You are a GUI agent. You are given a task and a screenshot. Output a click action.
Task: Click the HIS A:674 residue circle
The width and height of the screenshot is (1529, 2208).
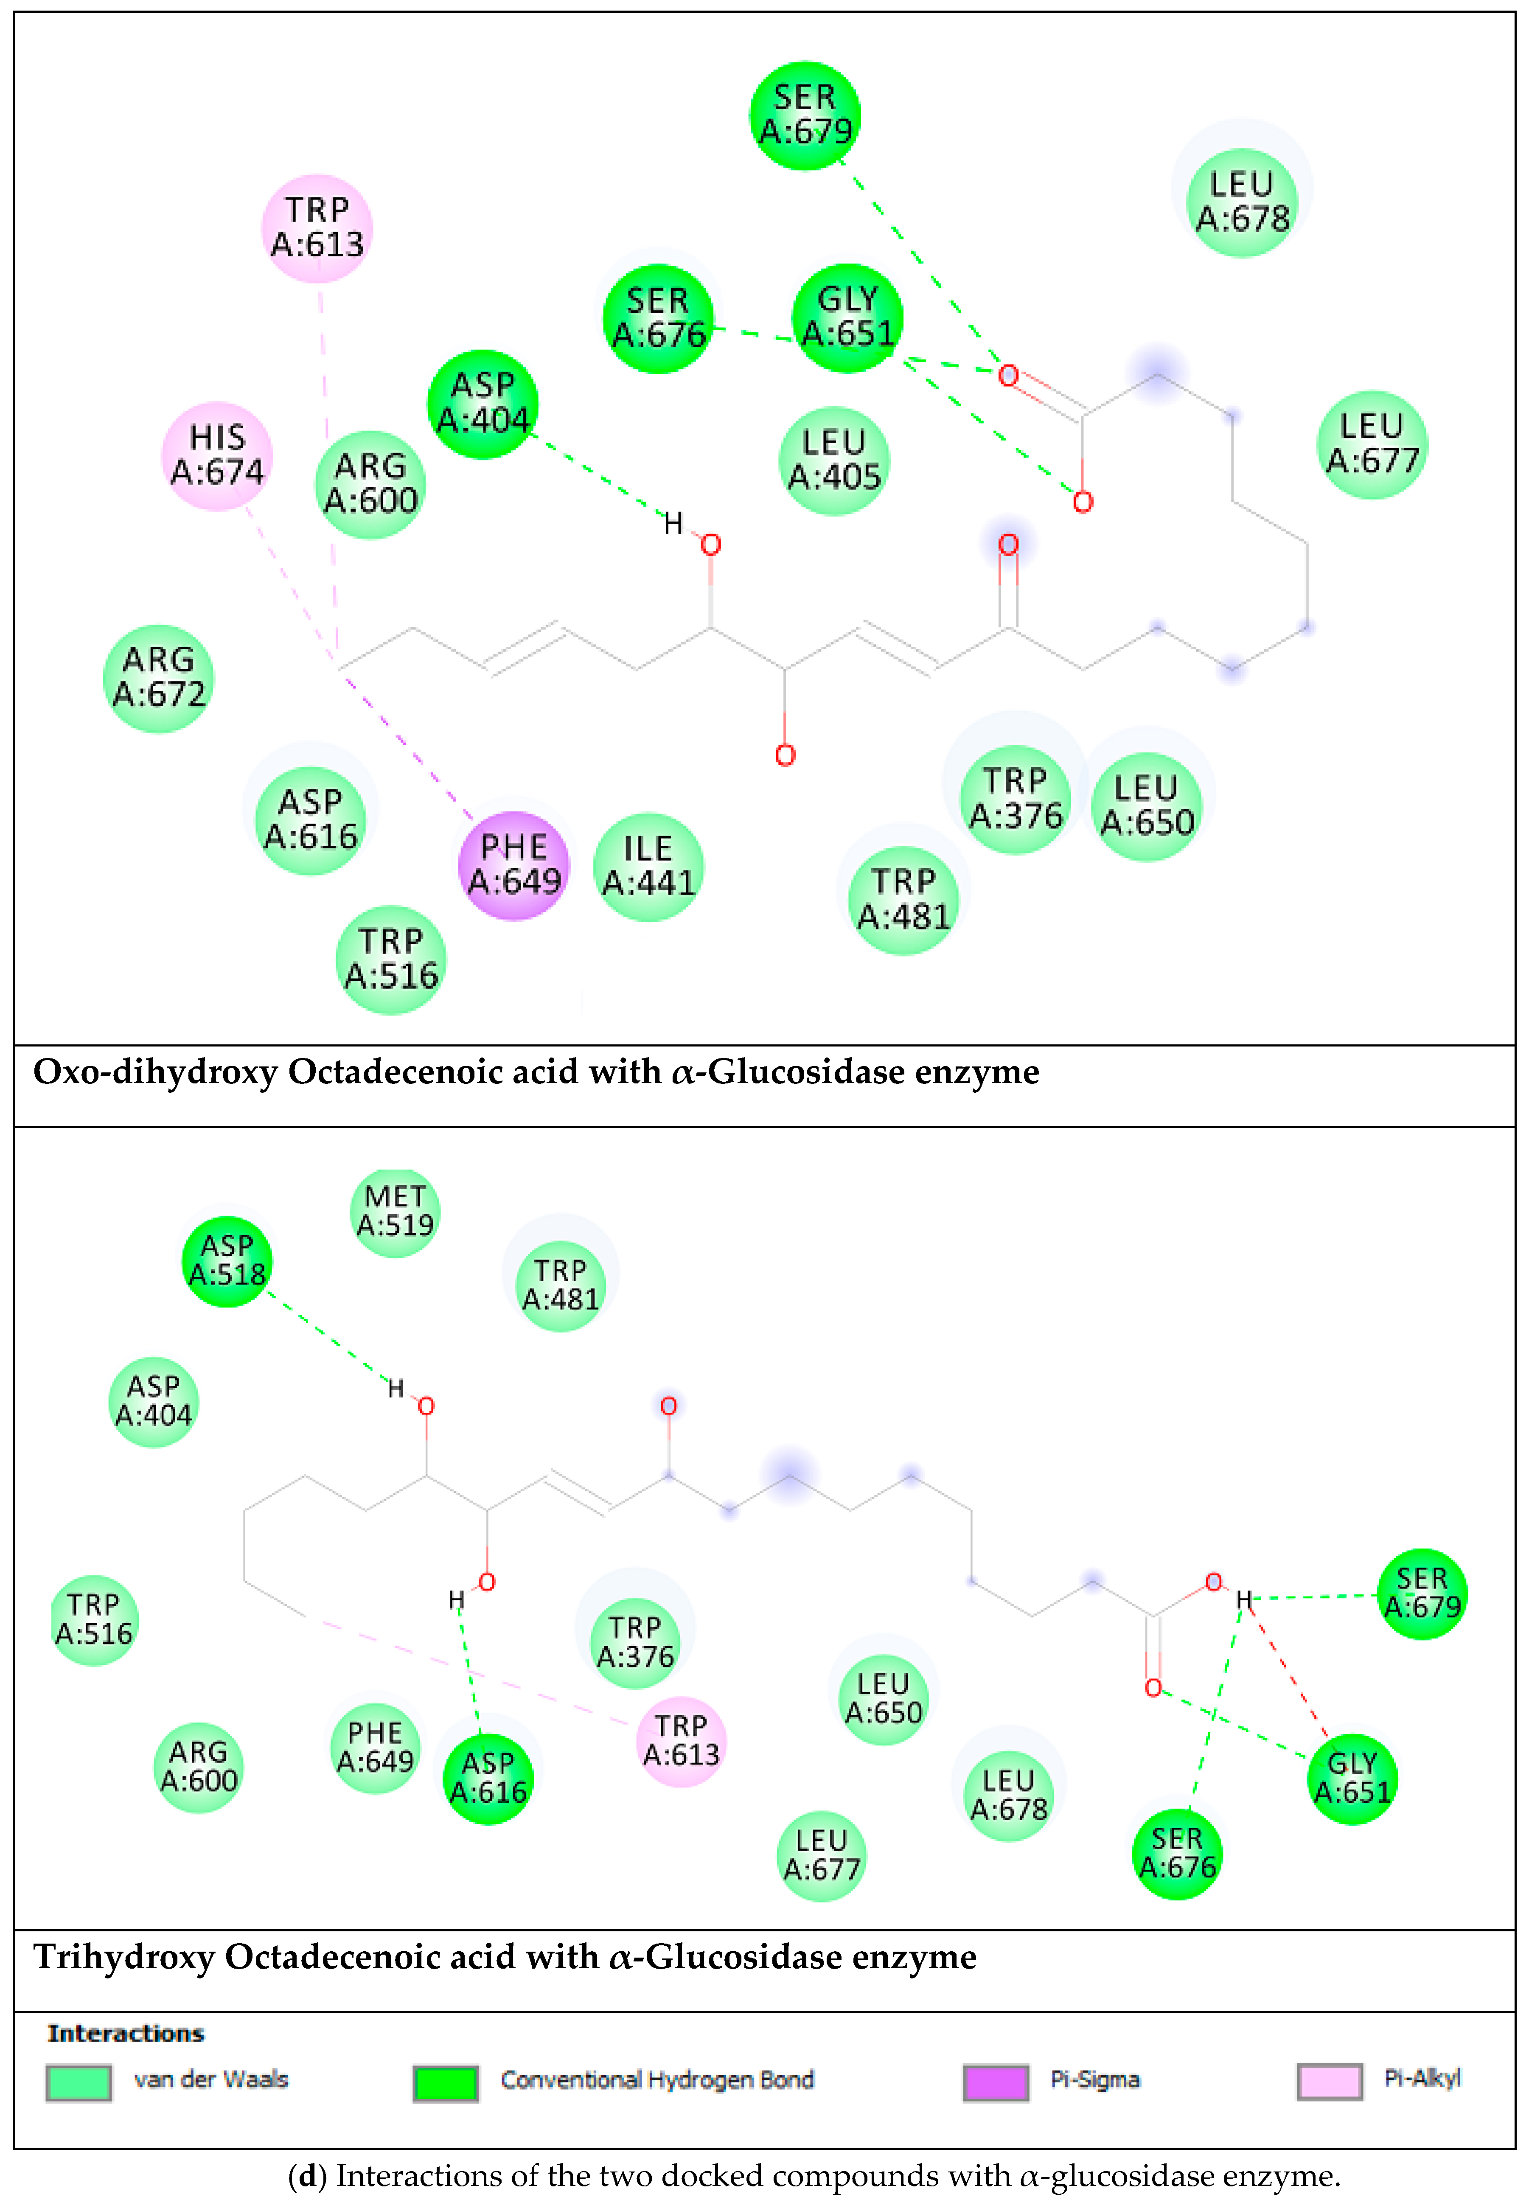217,455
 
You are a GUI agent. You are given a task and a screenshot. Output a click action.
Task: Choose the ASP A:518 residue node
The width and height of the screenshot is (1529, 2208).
227,1261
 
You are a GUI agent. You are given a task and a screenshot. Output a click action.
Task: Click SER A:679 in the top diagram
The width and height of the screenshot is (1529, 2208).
805,115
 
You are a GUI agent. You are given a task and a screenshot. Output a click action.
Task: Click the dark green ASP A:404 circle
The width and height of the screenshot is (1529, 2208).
483,403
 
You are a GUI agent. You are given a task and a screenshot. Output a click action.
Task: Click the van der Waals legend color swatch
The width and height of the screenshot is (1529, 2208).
79,2082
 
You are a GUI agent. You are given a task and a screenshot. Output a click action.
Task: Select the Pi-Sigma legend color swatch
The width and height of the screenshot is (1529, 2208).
996,2082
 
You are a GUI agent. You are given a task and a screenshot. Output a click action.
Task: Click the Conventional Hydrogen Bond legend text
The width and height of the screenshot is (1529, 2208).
657,2080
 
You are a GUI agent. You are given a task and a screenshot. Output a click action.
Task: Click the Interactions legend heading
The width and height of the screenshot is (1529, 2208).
126,2033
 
